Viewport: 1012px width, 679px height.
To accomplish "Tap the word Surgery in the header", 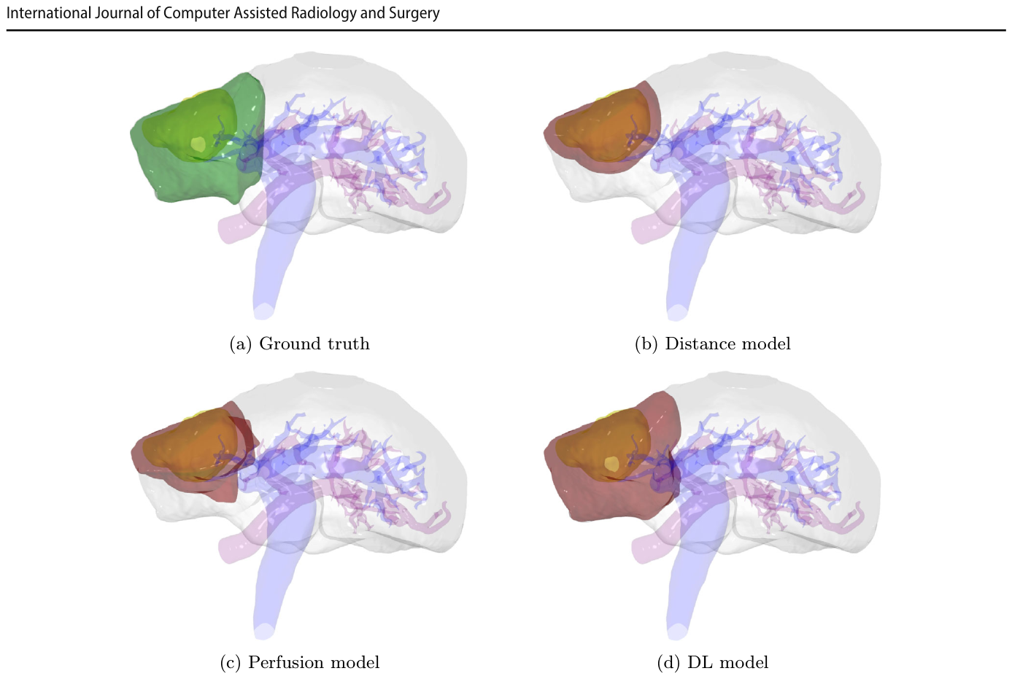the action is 414,13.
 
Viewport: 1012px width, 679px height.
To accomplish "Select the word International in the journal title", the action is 49,12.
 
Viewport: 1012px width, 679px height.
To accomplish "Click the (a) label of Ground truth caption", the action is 241,344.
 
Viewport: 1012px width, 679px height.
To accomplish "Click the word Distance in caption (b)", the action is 700,344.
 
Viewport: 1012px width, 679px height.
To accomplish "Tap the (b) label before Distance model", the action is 646,344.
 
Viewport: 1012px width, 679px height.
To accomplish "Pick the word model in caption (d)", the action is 744,662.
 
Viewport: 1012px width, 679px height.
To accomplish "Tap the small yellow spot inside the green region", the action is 198,144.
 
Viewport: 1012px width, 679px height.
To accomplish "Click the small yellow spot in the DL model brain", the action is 611,464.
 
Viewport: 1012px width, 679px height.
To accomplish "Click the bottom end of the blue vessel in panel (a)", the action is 264,311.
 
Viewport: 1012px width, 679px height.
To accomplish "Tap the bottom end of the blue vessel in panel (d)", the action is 677,632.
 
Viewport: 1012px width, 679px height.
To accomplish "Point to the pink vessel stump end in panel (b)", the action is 640,230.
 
